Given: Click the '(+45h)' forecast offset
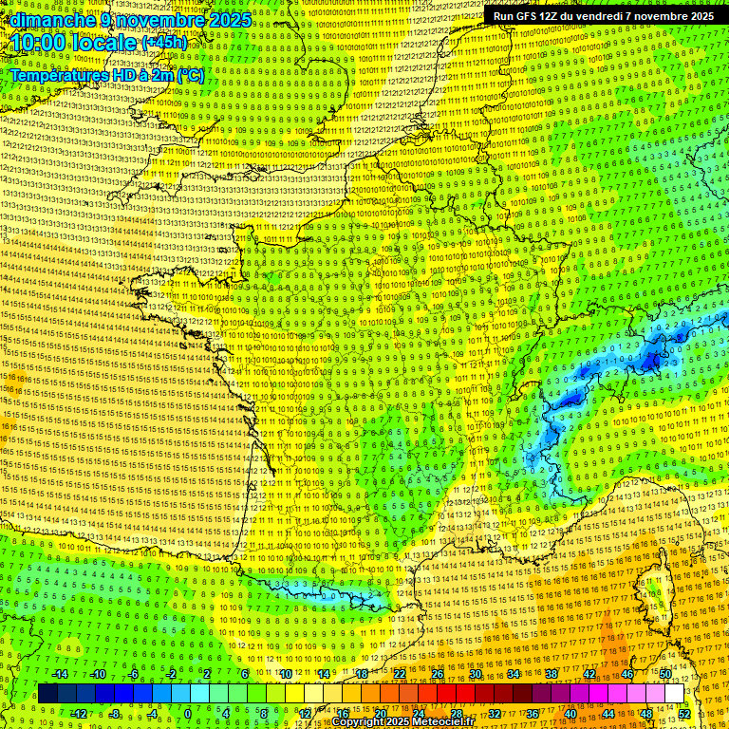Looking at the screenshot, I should (164, 44).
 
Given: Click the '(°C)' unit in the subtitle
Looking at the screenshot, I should (190, 74).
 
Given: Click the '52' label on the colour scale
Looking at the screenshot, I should (684, 714).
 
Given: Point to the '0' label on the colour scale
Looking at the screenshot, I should (189, 714).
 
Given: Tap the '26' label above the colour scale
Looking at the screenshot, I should (438, 674).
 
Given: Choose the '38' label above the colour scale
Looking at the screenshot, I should (551, 674).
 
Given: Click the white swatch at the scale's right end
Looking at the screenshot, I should (674, 694).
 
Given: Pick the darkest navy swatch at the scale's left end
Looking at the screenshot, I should (47, 694).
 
